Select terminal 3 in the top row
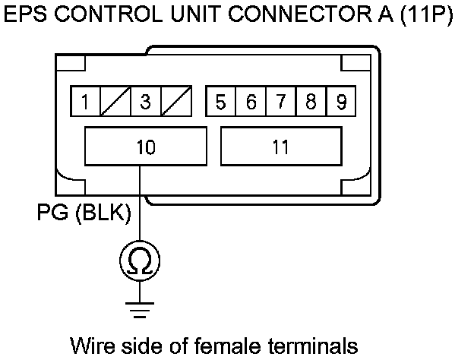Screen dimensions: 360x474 click(x=145, y=102)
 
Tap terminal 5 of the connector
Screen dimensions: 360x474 click(x=220, y=102)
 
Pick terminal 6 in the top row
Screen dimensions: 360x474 click(x=251, y=102)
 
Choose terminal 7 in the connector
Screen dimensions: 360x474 click(x=280, y=102)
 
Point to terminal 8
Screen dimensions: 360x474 click(x=311, y=102)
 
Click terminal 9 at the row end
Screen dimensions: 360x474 click(x=340, y=102)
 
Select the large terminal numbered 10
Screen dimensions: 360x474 click(x=145, y=146)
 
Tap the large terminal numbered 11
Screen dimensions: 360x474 click(x=280, y=146)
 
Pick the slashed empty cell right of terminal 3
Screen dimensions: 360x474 click(x=175, y=102)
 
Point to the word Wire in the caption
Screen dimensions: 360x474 click(x=91, y=346)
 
